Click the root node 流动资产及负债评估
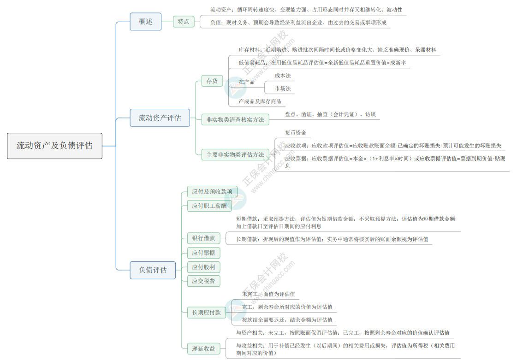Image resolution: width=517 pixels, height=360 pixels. (55, 146)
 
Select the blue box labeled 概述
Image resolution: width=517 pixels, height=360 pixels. (145, 22)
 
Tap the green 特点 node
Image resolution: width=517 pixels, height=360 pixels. (183, 22)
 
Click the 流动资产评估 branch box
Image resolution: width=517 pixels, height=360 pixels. (160, 118)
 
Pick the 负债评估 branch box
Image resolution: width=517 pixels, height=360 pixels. (153, 270)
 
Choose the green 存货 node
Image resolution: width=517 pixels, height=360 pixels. (212, 81)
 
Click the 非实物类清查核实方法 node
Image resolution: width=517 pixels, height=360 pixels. (235, 120)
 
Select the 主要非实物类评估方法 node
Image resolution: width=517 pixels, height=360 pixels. (235, 154)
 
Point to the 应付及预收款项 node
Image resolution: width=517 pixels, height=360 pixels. (212, 192)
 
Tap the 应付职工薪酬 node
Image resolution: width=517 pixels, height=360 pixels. (209, 206)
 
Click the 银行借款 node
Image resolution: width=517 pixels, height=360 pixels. (203, 238)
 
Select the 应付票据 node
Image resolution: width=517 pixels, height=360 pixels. (203, 253)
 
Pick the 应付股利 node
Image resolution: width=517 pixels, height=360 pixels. (203, 267)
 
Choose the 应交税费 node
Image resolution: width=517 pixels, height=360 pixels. (203, 281)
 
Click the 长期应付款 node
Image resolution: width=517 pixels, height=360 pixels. (207, 312)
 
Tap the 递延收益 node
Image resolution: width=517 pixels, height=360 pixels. (203, 348)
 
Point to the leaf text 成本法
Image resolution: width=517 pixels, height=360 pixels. (283, 76)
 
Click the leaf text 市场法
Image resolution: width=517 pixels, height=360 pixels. (283, 89)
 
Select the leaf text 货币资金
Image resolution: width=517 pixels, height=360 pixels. (296, 133)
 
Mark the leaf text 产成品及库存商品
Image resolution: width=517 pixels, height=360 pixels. (260, 101)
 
